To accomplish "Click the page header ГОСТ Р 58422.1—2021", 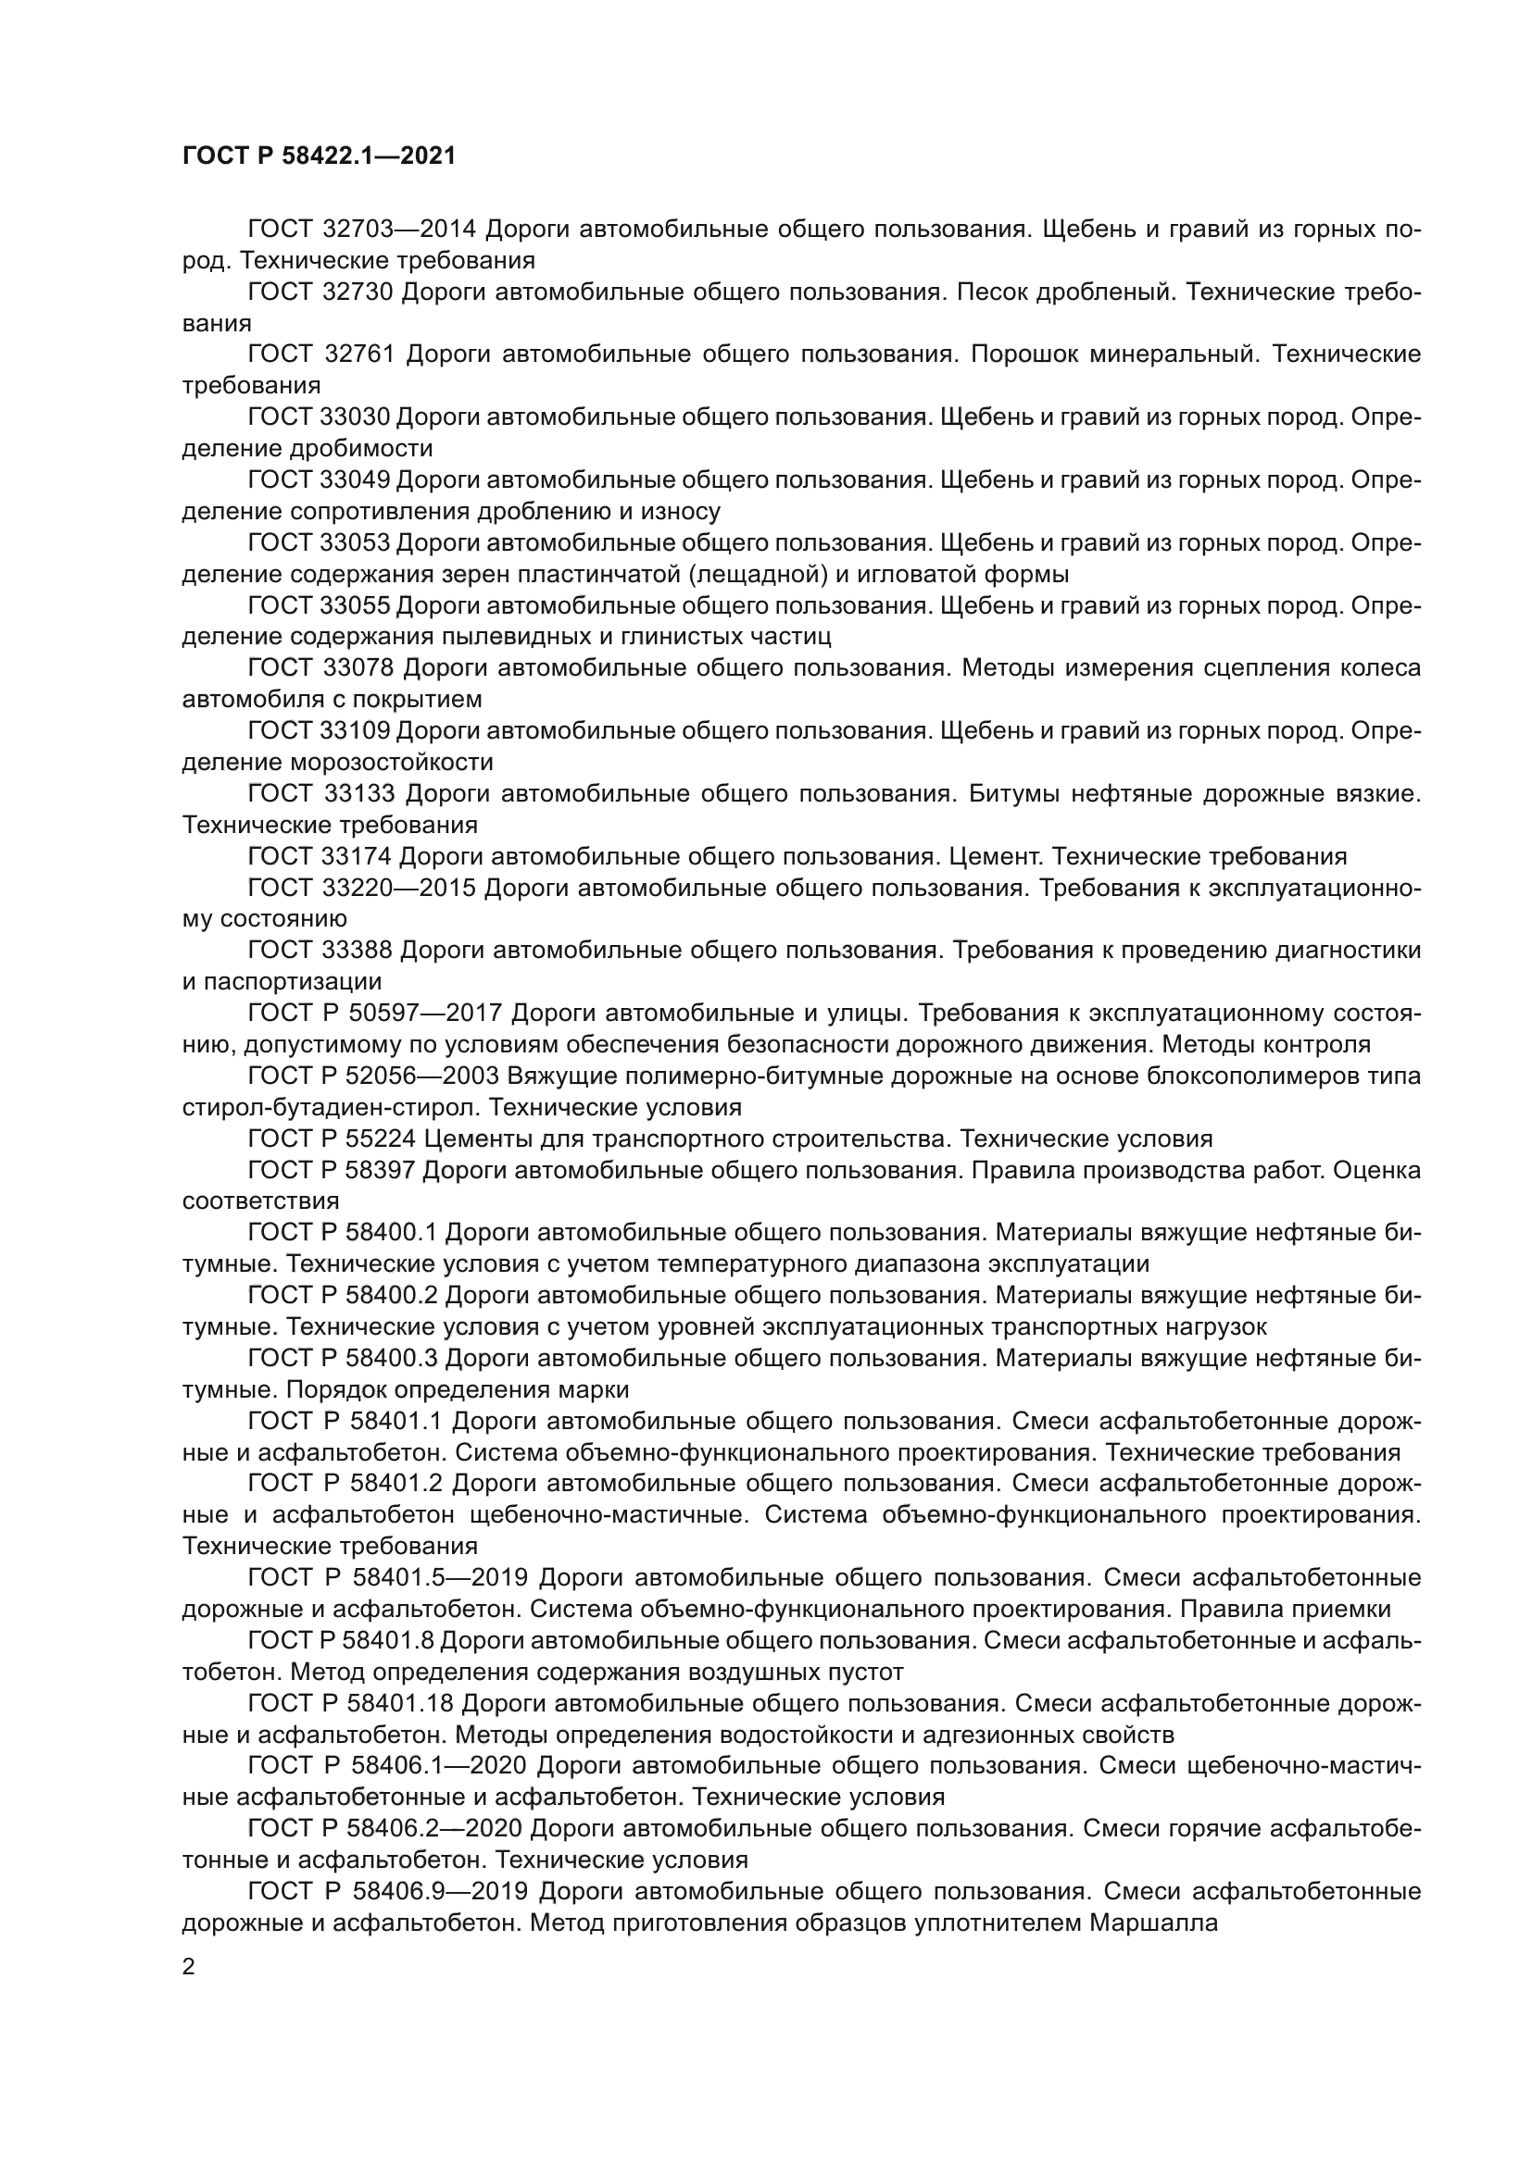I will (319, 156).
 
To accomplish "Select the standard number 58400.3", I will (394, 1359).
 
